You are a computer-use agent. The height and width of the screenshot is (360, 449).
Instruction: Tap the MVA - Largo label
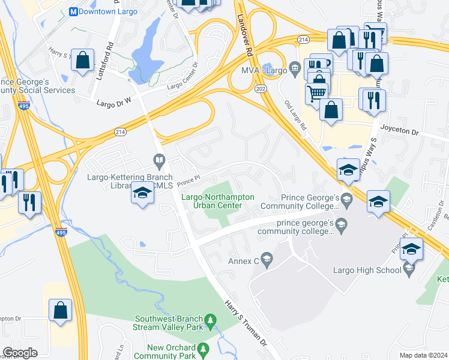coord(264,70)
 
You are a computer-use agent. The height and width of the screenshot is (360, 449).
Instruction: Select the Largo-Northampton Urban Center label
coord(218,201)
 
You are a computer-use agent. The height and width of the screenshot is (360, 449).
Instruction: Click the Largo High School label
coord(367,270)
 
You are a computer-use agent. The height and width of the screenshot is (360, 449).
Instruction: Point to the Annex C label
coord(243,261)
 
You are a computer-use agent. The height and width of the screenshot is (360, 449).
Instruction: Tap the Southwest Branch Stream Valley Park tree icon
coord(210,322)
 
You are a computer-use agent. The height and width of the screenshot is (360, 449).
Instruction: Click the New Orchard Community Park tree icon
coord(203,349)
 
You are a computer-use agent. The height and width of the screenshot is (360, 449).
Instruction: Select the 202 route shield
coord(260,89)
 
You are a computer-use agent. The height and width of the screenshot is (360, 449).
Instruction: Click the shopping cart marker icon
coord(316,92)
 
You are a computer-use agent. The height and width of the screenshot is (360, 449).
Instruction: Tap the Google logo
coord(20,353)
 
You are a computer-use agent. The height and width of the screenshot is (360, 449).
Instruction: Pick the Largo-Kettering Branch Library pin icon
coord(159,160)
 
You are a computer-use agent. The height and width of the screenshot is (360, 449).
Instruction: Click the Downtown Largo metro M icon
coord(74,11)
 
